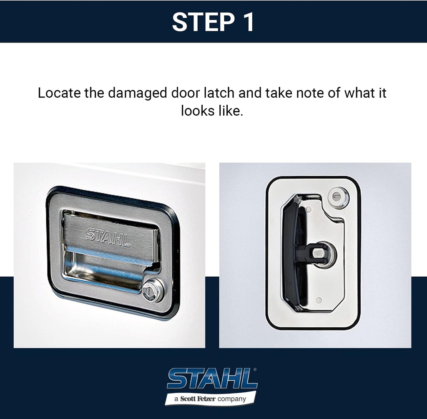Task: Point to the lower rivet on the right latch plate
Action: tap(319, 300)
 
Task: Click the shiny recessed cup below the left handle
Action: tap(104, 273)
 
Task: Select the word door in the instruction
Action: tap(183, 93)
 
